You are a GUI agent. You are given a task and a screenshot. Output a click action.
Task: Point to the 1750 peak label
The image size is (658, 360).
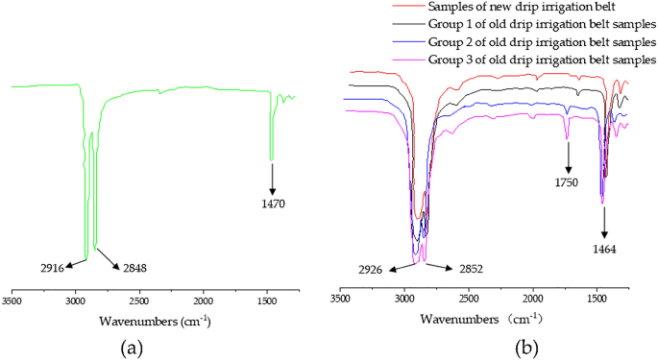568,180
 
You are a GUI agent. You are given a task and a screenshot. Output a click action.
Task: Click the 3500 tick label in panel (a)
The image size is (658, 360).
12,300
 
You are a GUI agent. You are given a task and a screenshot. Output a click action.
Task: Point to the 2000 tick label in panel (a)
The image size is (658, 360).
204,300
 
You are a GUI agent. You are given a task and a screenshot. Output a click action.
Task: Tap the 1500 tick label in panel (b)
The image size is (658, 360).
597,300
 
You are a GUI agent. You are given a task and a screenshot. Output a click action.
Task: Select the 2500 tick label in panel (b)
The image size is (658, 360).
468,300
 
